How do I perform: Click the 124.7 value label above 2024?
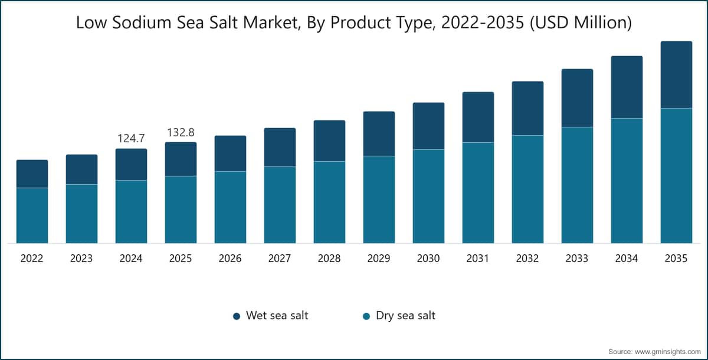(x=131, y=138)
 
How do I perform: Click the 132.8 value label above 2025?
(x=181, y=132)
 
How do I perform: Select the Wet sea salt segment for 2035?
(x=676, y=74)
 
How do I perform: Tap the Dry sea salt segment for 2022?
(x=32, y=215)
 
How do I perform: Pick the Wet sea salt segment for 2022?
(x=32, y=174)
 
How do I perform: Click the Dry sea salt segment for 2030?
(x=428, y=197)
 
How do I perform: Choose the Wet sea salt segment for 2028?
(x=329, y=140)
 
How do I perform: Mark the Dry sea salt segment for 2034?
(x=627, y=181)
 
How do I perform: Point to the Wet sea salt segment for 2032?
(x=527, y=108)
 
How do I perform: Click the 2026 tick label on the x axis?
(x=230, y=258)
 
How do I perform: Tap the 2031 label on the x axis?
(x=478, y=258)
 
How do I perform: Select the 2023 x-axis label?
(x=81, y=258)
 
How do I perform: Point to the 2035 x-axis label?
(x=676, y=258)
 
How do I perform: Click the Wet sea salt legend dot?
(x=237, y=316)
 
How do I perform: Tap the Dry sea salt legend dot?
(x=366, y=316)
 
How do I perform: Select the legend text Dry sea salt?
(x=405, y=315)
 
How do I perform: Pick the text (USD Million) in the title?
(x=581, y=23)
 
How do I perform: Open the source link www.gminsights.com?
(x=672, y=352)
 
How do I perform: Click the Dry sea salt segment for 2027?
(x=280, y=205)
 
